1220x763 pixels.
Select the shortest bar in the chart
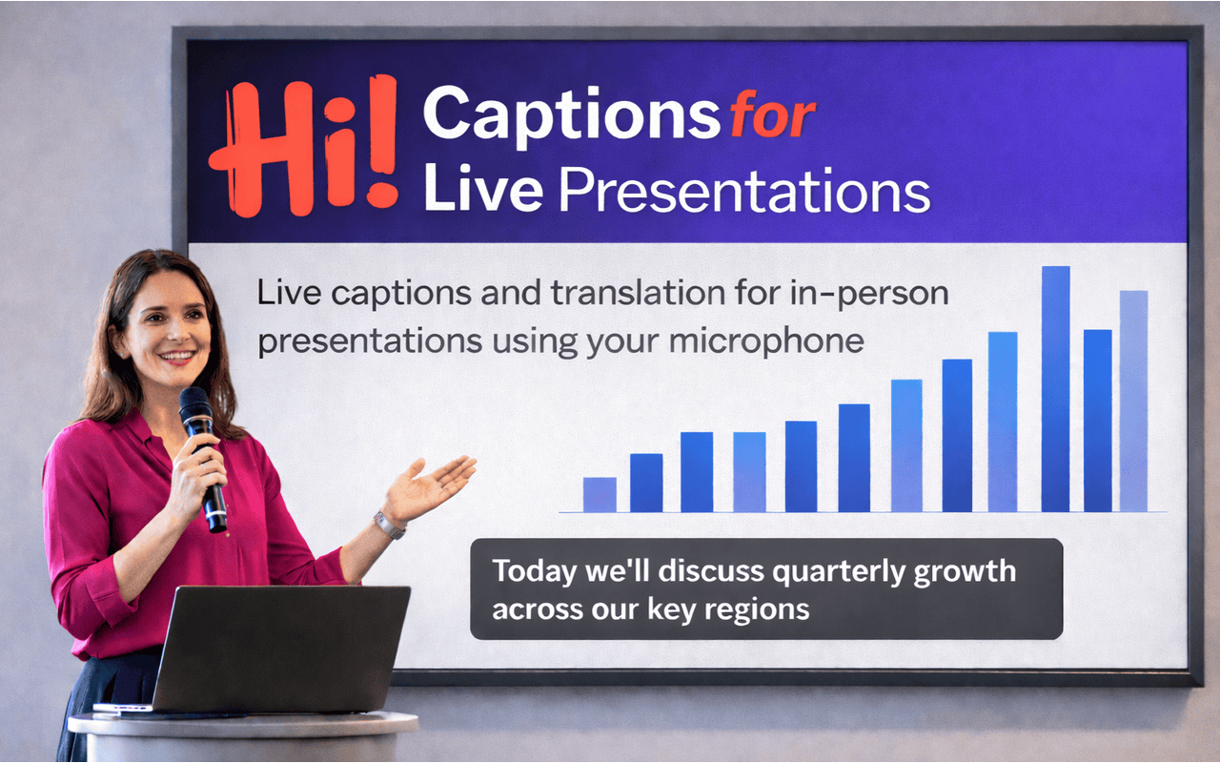[x=600, y=494]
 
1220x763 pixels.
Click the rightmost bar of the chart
[x=1133, y=401]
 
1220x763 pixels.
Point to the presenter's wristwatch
[x=389, y=524]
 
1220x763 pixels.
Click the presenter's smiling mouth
[x=177, y=357]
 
